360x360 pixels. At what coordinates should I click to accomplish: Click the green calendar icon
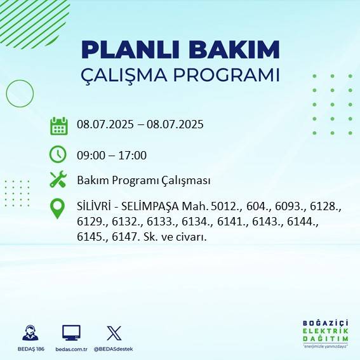(x=58, y=125)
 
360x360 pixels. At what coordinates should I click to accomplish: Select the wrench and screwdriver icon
(x=58, y=180)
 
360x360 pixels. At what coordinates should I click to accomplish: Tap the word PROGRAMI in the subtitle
(x=227, y=74)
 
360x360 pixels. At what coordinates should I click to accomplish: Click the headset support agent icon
(x=29, y=333)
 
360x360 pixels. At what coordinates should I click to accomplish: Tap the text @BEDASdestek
(x=114, y=349)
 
